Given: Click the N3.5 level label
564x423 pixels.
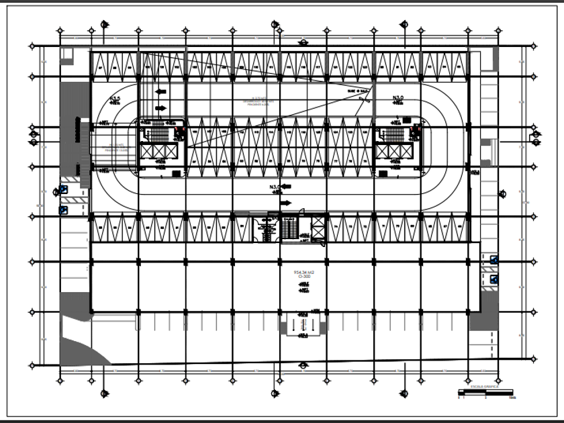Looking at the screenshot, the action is click(115, 98).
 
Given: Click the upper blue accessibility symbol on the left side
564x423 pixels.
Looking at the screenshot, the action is click(63, 190).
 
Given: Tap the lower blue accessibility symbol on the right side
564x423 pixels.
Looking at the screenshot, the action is click(494, 279).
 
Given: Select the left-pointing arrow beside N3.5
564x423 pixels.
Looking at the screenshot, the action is click(160, 91).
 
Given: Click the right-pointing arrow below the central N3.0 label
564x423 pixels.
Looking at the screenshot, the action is click(286, 203).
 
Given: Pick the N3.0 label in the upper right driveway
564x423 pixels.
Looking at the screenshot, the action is click(398, 98).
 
